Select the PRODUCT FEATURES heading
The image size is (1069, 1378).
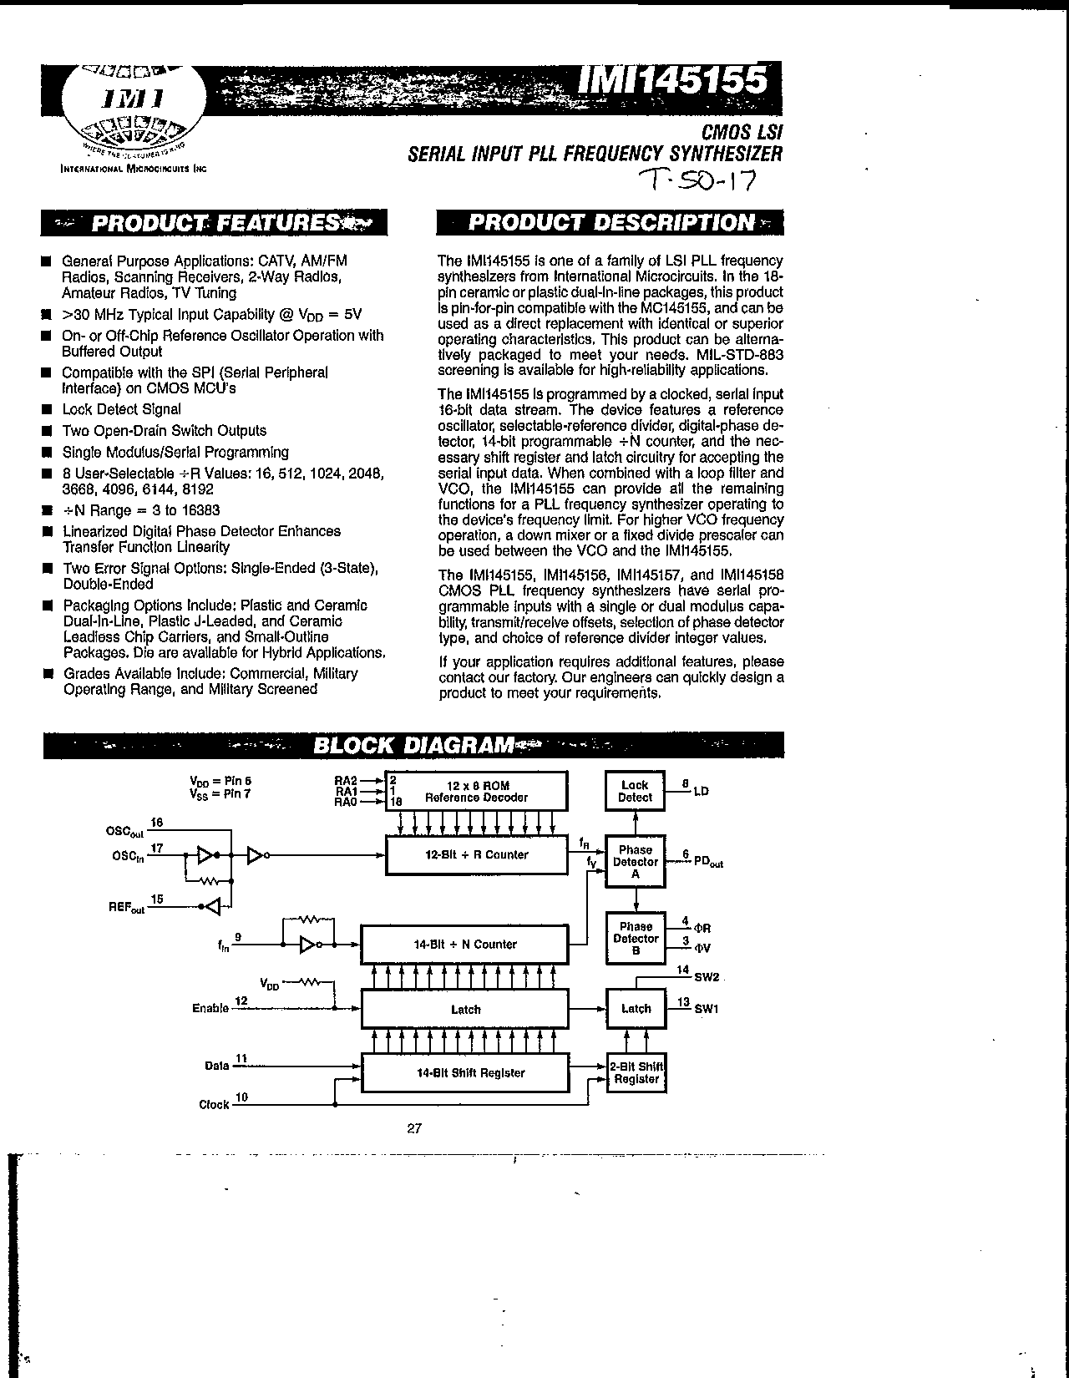215,223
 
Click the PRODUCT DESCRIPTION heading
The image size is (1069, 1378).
610,222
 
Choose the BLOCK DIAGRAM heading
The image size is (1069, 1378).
413,745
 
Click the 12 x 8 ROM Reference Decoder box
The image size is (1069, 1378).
476,791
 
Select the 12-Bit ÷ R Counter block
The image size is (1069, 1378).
476,855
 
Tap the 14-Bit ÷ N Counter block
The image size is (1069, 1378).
464,945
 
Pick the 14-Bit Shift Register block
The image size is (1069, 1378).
464,1073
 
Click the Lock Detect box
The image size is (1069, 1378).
635,791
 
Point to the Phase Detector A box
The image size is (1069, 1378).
635,862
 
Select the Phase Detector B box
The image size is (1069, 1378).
635,938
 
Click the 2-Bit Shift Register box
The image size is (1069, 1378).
636,1073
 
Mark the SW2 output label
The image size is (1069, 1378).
707,977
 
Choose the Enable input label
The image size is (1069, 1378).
210,1008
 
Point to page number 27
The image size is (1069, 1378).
414,1128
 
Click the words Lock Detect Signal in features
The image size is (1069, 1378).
122,409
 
